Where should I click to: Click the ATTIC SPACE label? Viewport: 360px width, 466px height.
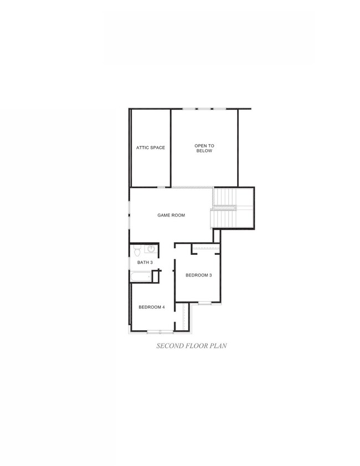tap(151, 147)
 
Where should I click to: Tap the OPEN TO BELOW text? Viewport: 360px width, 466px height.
tap(204, 148)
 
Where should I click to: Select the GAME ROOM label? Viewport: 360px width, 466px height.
tap(171, 215)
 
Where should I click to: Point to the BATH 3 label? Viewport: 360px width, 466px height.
tap(145, 262)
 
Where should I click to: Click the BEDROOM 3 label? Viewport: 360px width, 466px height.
tap(199, 275)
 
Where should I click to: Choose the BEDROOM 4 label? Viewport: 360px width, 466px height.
tap(151, 307)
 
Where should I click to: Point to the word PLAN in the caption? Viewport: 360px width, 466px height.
tap(217, 346)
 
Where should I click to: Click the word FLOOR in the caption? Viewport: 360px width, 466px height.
tap(196, 346)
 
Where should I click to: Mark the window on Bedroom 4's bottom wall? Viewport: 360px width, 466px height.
tap(160, 331)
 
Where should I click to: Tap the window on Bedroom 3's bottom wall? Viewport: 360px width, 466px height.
tap(205, 303)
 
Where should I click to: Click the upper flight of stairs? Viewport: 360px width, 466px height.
tap(233, 197)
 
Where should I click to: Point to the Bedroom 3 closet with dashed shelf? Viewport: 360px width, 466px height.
tap(205, 249)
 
